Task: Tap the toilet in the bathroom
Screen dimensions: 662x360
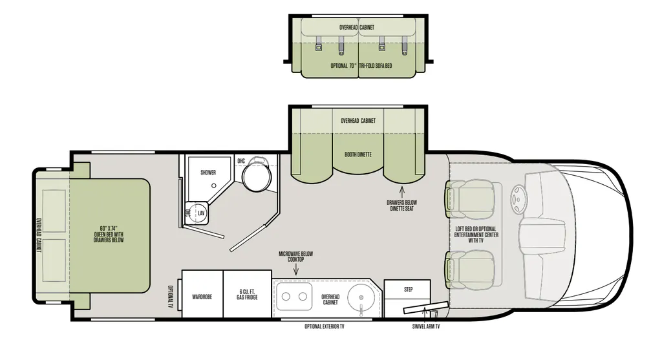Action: pos(256,174)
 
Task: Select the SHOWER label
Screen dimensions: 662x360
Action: pos(208,172)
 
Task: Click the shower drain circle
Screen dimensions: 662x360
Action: pos(214,185)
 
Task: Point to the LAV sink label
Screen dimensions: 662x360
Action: pos(202,213)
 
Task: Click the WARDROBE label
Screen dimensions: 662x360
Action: pos(202,297)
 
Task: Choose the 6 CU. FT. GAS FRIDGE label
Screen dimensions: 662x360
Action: pos(247,295)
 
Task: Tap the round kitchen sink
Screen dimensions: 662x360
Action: pos(361,296)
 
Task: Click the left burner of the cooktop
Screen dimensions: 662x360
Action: pos(286,297)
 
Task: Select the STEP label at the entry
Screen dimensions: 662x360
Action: pos(409,290)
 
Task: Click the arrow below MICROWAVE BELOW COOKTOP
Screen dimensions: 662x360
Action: pos(295,270)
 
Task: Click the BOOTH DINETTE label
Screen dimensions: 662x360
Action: pos(358,154)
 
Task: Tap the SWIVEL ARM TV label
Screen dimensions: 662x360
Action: pos(426,326)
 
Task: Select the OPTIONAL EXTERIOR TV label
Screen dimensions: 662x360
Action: pos(325,326)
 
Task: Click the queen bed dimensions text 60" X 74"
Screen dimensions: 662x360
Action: pos(109,229)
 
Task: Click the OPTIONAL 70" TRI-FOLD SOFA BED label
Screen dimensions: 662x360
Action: pos(361,66)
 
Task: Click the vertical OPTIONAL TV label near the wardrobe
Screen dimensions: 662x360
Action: pos(171,297)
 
